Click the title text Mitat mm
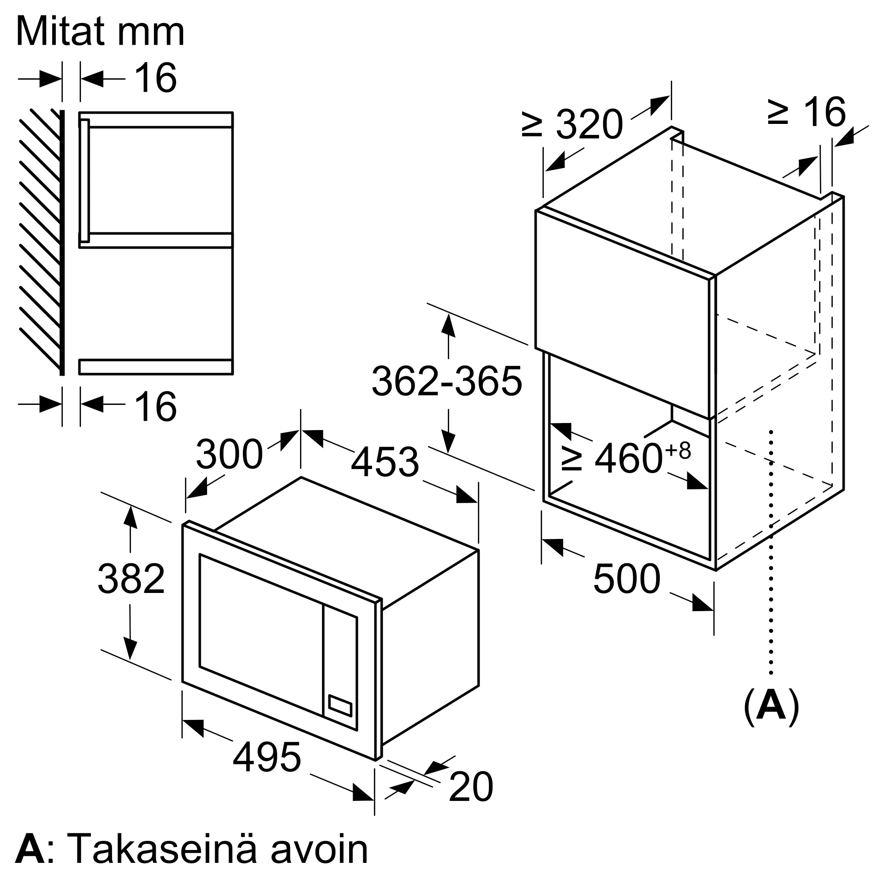click(100, 32)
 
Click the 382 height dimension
click(131, 579)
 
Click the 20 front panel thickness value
click(470, 787)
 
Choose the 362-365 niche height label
click(446, 381)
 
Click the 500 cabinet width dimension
click(627, 579)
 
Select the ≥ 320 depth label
click(573, 124)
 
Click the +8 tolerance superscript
click(678, 451)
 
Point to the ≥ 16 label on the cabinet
click(806, 112)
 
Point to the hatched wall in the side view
click(40, 238)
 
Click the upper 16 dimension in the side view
click(156, 78)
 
